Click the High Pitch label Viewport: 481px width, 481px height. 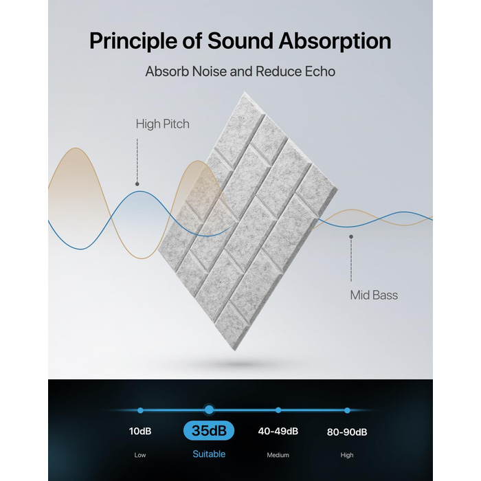click(x=163, y=124)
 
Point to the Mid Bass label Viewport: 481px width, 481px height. click(x=374, y=295)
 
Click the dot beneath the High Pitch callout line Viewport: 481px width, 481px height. click(x=137, y=184)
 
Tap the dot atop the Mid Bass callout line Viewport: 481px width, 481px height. click(x=351, y=237)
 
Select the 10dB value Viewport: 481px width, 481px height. click(x=140, y=431)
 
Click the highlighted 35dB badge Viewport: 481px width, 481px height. click(x=209, y=430)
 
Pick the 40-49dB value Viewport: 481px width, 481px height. click(x=278, y=431)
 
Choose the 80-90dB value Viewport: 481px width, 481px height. click(x=347, y=432)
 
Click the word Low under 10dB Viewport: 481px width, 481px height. click(x=140, y=455)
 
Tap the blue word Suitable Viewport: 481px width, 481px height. click(x=209, y=454)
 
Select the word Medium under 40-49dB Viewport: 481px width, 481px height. click(x=278, y=455)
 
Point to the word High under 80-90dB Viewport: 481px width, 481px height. click(x=347, y=455)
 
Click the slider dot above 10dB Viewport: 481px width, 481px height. click(x=140, y=410)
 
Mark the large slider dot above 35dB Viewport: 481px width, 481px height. click(x=209, y=410)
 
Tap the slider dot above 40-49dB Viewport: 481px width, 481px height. click(x=278, y=410)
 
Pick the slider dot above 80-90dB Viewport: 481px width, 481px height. click(x=347, y=410)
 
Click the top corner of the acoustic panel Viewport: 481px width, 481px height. click(x=245, y=91)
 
